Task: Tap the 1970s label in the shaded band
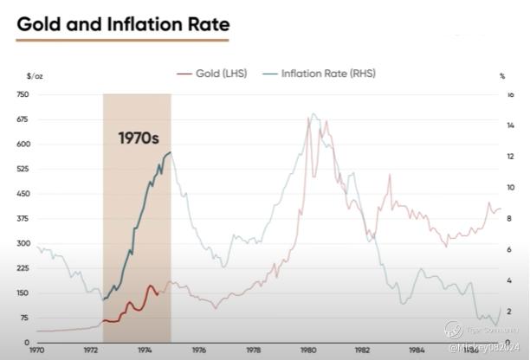coord(139,137)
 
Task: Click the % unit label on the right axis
coord(502,76)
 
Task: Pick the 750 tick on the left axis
coord(23,94)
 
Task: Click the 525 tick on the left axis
coord(23,169)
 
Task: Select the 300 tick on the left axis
coord(23,243)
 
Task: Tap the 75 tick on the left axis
coord(23,318)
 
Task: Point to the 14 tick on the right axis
coord(510,126)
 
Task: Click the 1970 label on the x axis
coord(36,350)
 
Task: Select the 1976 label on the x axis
coord(199,350)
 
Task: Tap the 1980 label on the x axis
coord(307,350)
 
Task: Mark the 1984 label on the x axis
coord(417,350)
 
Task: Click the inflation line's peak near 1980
coord(313,113)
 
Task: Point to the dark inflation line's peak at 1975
coord(170,152)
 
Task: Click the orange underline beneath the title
coord(123,40)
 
